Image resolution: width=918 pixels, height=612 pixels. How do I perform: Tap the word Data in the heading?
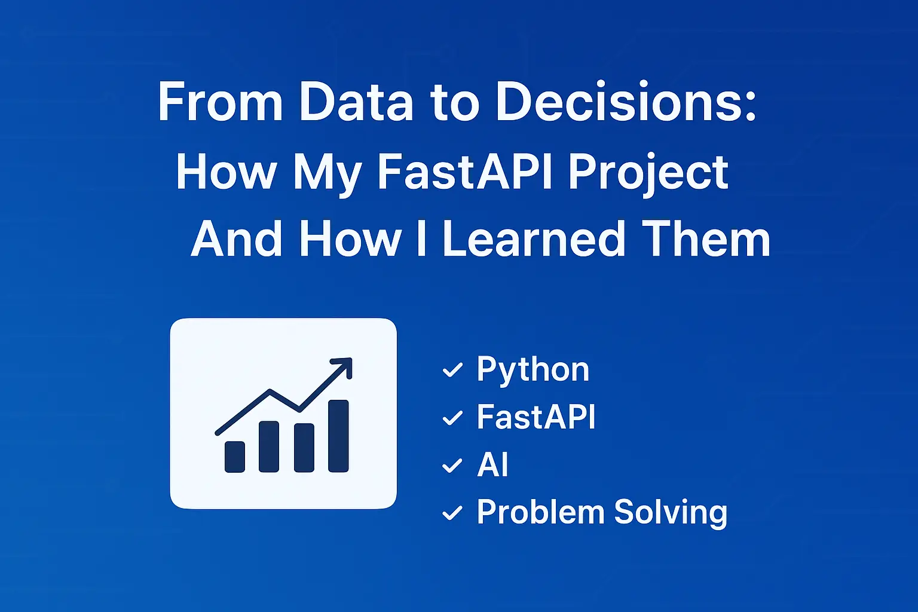356,103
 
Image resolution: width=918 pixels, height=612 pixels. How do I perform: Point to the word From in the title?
220,103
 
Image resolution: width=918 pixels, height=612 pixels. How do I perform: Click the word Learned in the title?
534,239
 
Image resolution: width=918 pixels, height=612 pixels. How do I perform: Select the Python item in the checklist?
533,370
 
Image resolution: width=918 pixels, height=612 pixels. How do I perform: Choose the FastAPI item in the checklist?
536,417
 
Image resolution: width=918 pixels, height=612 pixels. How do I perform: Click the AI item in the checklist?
492,464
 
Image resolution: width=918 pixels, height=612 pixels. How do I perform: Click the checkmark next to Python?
452,371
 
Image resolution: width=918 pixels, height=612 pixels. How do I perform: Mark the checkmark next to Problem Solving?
452,513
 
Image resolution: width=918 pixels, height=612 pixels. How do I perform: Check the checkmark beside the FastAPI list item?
452,418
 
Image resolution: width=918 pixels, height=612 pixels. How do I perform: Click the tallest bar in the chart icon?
338,436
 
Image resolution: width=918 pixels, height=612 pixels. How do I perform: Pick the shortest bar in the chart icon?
235,457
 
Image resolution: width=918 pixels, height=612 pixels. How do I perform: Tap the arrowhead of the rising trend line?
344,365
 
